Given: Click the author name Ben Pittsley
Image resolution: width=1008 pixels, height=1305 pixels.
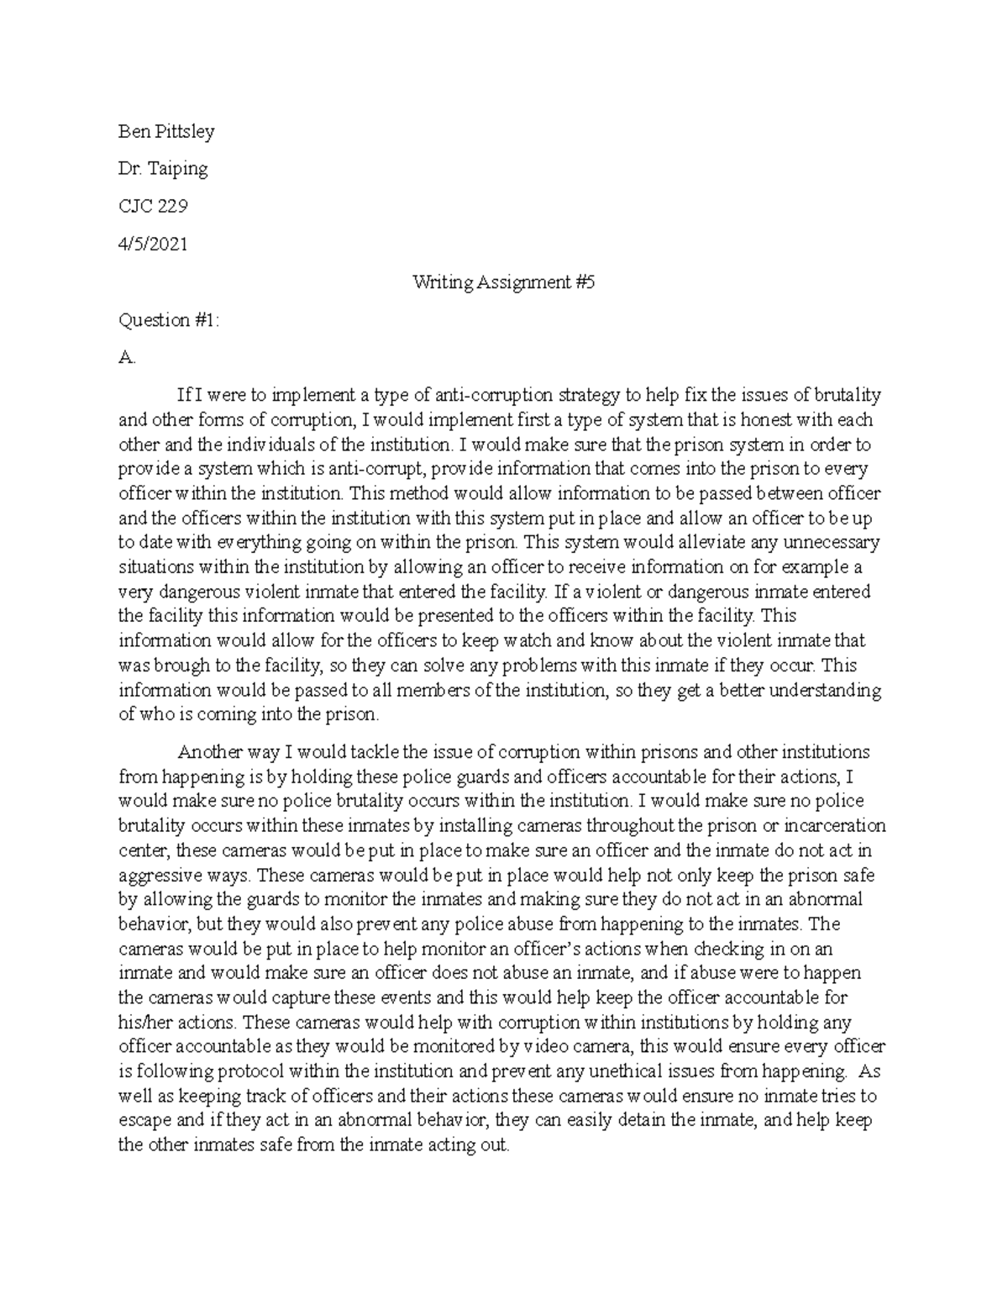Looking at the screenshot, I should [166, 131].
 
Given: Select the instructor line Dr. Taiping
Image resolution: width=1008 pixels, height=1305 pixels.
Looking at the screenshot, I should [163, 169].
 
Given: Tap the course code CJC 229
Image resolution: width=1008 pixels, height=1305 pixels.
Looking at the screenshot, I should [153, 206].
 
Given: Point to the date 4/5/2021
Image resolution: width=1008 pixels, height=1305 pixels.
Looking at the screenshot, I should [153, 244].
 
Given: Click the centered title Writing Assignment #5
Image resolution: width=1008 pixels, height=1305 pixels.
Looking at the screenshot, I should [503, 282].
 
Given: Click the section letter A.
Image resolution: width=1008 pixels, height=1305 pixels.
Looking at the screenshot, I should [127, 357].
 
